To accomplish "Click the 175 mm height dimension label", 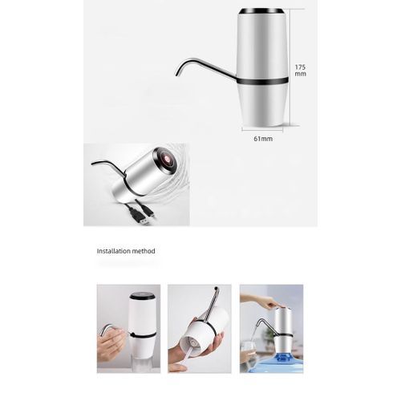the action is pos(300,71).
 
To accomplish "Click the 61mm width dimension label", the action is pos(263,139).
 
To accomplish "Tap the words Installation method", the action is pos(126,251).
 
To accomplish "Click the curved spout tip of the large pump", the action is pos(177,74).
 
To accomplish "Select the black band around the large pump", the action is pos(262,80).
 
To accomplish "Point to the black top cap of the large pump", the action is pos(261,12).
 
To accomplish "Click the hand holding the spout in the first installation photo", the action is pos(111,342).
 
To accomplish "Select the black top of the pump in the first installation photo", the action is pos(142,297).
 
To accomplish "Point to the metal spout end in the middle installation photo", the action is pos(216,290).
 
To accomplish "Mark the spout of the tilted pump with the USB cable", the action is pos(107,164).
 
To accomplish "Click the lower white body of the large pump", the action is pos(262,105).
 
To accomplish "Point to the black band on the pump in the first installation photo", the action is pos(142,334).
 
